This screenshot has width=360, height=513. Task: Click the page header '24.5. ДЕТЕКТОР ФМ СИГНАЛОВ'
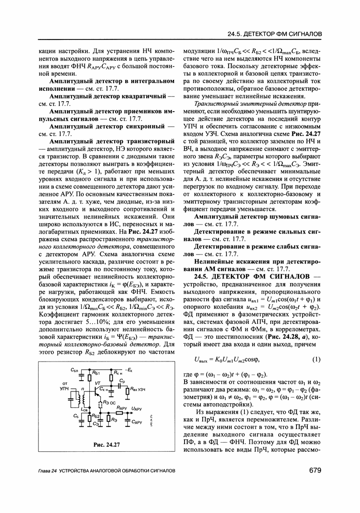(268, 35)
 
